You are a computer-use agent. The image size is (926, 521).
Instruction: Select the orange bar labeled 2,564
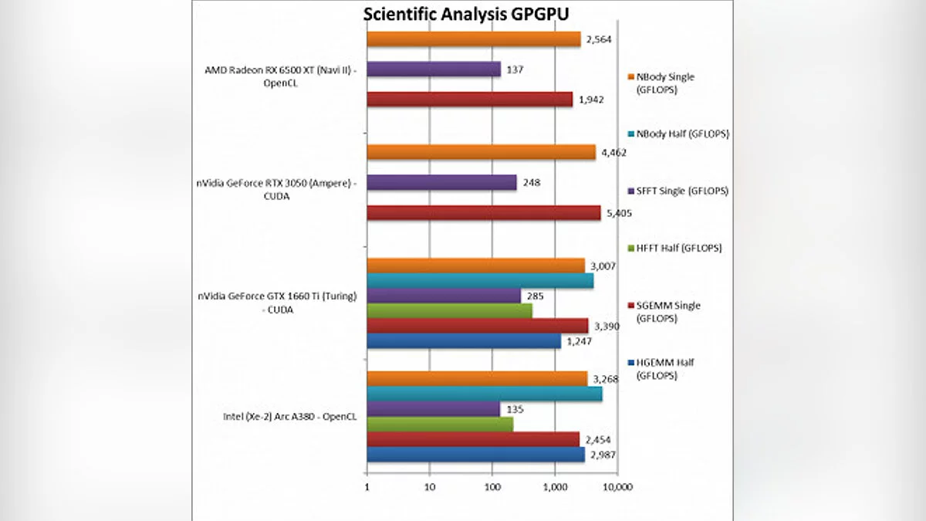(473, 39)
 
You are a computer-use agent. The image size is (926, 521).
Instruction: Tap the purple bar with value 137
(433, 69)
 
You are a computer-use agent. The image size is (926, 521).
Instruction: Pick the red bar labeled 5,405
(483, 213)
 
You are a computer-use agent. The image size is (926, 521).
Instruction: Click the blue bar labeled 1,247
(463, 340)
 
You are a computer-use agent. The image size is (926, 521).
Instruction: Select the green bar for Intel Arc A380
(439, 424)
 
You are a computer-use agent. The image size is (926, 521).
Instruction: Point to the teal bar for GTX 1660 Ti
(479, 280)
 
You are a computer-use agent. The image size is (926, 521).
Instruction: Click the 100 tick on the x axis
(492, 488)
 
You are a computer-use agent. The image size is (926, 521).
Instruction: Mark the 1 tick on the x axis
(367, 488)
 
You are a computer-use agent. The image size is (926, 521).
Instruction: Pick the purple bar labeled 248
(441, 183)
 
